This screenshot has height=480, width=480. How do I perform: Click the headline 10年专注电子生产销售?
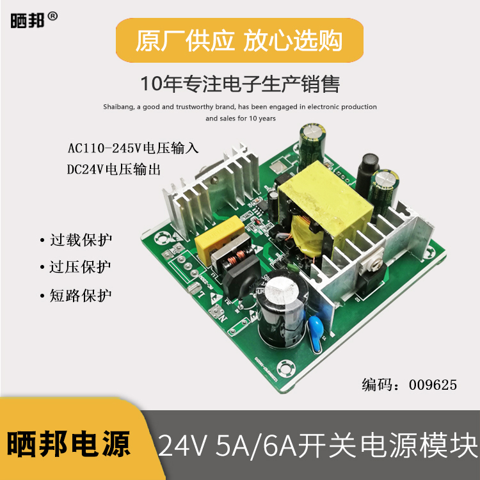239,84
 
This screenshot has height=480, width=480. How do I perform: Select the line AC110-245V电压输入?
134,148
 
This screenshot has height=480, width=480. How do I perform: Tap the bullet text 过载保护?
81,241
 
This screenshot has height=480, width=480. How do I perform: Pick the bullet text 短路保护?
81,296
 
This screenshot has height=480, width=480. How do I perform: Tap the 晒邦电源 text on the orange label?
70,443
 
